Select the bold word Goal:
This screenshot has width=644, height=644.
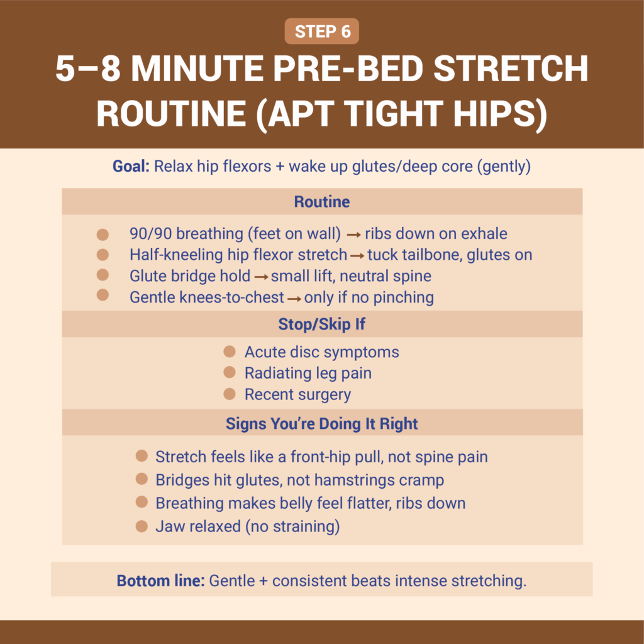coord(130,167)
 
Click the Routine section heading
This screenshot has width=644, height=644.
coord(321,202)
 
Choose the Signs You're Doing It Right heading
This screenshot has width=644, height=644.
coord(321,423)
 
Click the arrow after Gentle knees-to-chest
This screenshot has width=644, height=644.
coord(294,297)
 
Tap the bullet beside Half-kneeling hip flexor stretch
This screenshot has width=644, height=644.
coord(103,255)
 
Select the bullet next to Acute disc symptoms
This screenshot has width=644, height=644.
coord(230,352)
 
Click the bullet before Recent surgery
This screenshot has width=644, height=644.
coord(230,394)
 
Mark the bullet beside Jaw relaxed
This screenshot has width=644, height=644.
coord(142,526)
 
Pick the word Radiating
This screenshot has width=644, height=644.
coord(274,373)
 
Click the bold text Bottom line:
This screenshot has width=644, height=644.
coord(160,580)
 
